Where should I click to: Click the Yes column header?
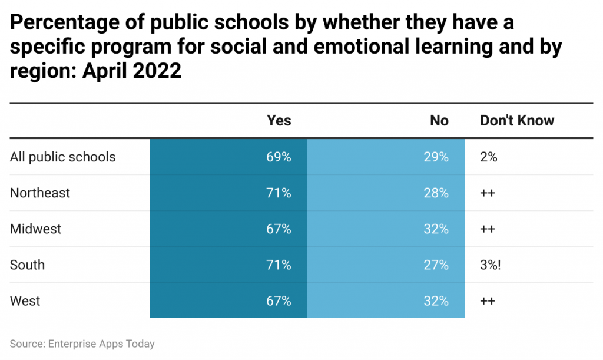pyautogui.click(x=279, y=121)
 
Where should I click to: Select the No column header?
pyautogui.click(x=439, y=121)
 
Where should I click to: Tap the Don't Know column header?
pyautogui.click(x=517, y=121)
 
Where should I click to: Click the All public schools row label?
pyautogui.click(x=63, y=157)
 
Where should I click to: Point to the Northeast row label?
pyautogui.click(x=40, y=193)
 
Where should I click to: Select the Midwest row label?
pyautogui.click(x=35, y=229)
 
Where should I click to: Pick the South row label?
pyautogui.click(x=27, y=265)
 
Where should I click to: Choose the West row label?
pyautogui.click(x=25, y=300)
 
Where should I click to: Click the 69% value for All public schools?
pyautogui.click(x=279, y=157)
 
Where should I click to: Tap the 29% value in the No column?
pyautogui.click(x=436, y=157)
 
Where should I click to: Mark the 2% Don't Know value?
pyautogui.click(x=489, y=157)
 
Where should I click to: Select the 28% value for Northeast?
pyautogui.click(x=436, y=193)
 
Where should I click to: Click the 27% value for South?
pyautogui.click(x=436, y=265)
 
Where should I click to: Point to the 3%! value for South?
pyautogui.click(x=491, y=265)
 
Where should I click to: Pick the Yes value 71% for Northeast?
pyautogui.click(x=279, y=193)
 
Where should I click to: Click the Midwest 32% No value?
pyautogui.click(x=436, y=229)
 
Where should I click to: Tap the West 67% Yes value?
pyautogui.click(x=279, y=300)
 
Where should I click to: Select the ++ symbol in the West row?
pyautogui.click(x=488, y=300)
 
